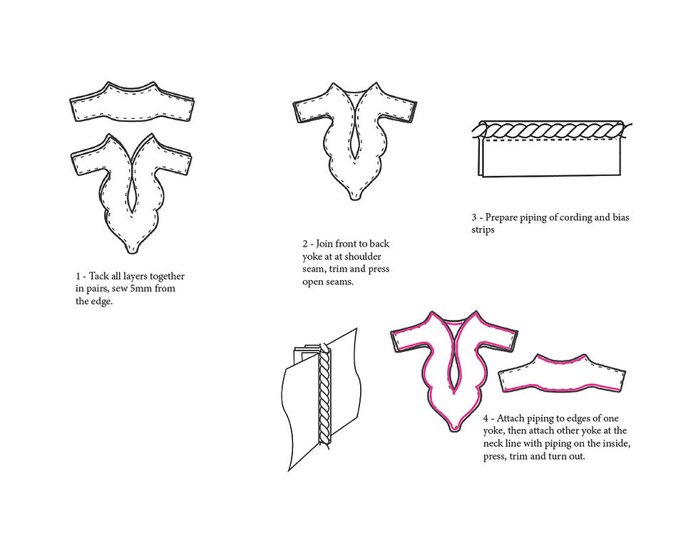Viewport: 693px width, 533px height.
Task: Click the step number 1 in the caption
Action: point(78,276)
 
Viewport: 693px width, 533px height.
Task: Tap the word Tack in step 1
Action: point(98,276)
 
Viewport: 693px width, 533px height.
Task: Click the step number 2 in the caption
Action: point(305,244)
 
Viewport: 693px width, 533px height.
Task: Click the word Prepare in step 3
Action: point(502,218)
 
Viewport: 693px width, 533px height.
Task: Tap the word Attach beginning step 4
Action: point(511,418)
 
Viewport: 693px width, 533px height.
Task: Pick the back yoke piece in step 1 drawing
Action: point(132,105)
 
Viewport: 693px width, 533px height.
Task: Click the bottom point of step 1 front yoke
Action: point(130,252)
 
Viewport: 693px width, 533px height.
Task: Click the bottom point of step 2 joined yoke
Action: point(354,199)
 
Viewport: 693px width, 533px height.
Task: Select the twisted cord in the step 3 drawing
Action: point(552,131)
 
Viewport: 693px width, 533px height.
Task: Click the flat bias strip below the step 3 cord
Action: point(550,157)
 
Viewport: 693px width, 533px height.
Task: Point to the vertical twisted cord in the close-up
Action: point(324,396)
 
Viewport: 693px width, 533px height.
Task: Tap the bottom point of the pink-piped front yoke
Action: point(453,430)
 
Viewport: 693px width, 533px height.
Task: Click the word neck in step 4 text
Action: point(491,443)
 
